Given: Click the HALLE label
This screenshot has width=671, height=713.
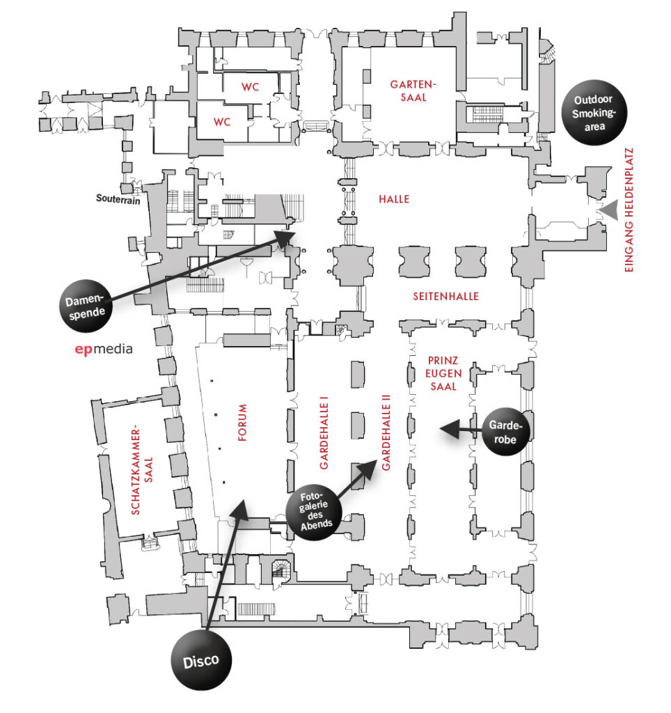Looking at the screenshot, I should (394, 199).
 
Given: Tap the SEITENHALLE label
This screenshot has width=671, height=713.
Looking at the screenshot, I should (446, 296).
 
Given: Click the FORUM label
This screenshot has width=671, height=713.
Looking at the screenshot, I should (242, 423).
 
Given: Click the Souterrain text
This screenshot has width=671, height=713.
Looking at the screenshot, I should (118, 198).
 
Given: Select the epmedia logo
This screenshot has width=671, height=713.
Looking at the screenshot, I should (103, 350).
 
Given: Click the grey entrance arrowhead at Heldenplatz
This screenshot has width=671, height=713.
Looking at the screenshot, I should (610, 210).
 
